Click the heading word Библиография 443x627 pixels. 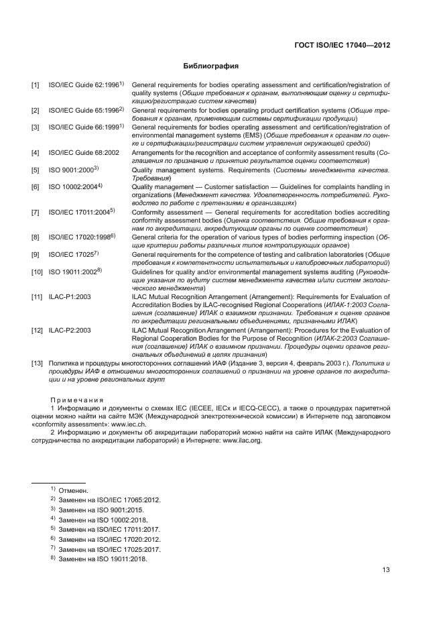[x=211, y=66]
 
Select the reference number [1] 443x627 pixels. [x=36, y=85]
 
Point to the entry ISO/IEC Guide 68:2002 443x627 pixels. [x=83, y=153]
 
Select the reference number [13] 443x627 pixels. [x=38, y=363]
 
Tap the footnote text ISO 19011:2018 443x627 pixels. [x=122, y=559]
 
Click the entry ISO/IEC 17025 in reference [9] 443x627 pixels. [x=70, y=255]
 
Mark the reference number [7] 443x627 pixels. [x=36, y=213]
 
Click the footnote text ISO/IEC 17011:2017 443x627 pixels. [x=129, y=530]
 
